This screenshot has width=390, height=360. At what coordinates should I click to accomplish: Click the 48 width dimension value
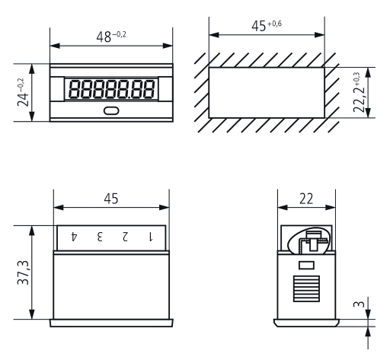click(x=104, y=37)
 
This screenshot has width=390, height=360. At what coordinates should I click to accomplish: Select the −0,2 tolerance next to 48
click(x=119, y=34)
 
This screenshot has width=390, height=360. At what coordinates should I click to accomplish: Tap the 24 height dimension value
click(x=23, y=99)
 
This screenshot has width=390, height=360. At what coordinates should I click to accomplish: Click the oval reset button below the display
click(x=111, y=111)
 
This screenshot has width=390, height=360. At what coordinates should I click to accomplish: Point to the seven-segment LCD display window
click(x=111, y=89)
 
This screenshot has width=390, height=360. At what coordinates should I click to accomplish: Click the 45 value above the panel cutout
click(x=259, y=26)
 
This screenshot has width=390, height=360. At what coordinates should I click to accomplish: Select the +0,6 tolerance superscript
click(x=274, y=24)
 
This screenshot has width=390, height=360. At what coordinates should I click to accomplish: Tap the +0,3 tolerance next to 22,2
click(x=356, y=79)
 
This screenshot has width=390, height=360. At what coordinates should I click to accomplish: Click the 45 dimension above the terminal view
click(x=111, y=199)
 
